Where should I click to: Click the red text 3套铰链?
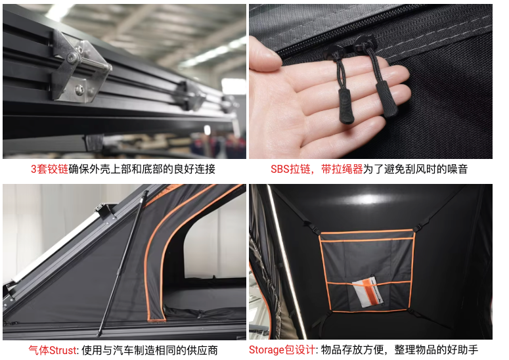[49, 169]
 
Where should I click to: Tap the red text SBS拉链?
[290, 169]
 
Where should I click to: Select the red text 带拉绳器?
[342, 169]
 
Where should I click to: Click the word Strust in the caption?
[63, 350]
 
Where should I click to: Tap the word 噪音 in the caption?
[457, 169]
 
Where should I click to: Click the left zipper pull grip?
[345, 106]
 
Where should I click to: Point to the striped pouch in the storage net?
[368, 292]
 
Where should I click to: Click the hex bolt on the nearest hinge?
[73, 58]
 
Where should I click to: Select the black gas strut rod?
[122, 263]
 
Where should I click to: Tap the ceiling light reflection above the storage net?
[367, 198]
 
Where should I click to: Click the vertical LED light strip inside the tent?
[286, 259]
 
